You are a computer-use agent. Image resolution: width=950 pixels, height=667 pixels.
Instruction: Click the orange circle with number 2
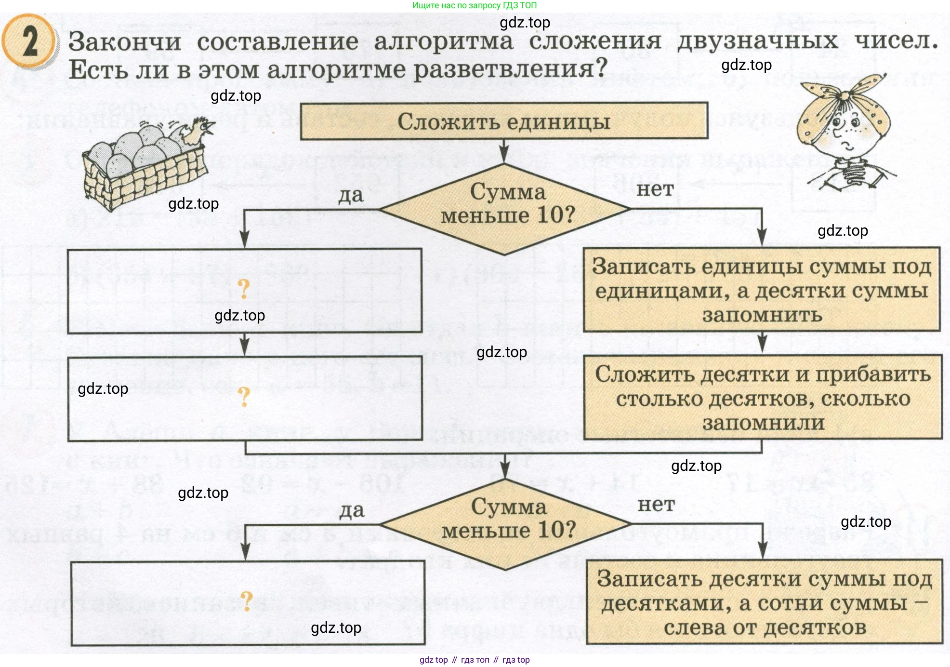[x=29, y=41]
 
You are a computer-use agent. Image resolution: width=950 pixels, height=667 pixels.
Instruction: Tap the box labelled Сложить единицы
[x=503, y=121]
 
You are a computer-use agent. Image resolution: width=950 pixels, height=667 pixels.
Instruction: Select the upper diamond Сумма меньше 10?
[x=505, y=209]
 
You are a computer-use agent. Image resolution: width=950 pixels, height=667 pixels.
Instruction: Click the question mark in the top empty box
[x=244, y=289]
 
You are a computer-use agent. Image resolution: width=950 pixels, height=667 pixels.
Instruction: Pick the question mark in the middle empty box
[x=244, y=396]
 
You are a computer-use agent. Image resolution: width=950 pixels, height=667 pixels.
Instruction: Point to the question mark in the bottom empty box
[x=246, y=601]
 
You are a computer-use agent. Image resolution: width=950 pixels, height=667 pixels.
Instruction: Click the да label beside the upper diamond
[x=350, y=195]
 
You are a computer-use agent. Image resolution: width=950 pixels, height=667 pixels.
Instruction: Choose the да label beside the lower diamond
[x=352, y=510]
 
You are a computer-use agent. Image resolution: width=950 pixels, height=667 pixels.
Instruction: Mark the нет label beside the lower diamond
[x=656, y=505]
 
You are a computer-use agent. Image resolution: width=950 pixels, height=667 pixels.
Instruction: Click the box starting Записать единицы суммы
[x=762, y=290]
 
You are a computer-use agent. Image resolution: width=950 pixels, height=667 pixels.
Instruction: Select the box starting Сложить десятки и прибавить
[x=763, y=398]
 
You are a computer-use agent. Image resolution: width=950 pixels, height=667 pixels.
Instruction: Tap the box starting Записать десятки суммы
[x=765, y=602]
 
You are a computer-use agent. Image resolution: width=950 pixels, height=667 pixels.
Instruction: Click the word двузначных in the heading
[x=757, y=40]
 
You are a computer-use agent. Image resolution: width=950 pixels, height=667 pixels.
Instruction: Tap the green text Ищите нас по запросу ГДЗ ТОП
[x=474, y=5]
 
